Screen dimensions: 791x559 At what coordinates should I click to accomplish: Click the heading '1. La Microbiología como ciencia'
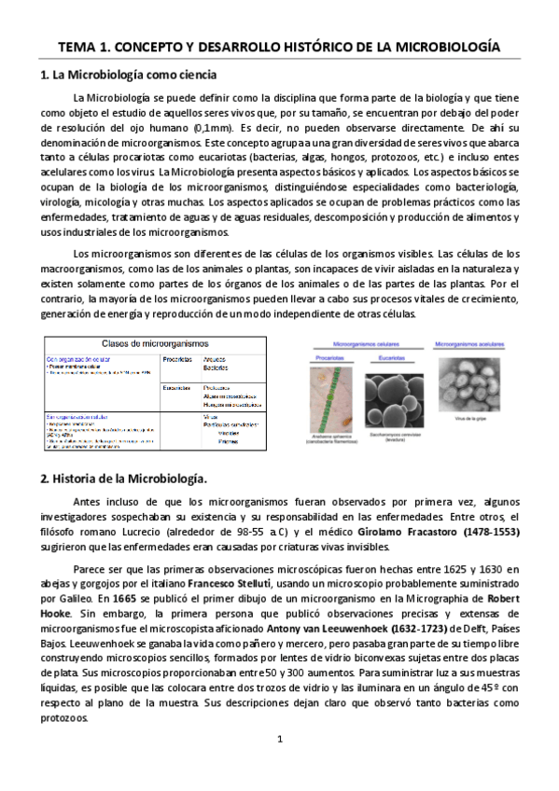(x=129, y=74)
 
